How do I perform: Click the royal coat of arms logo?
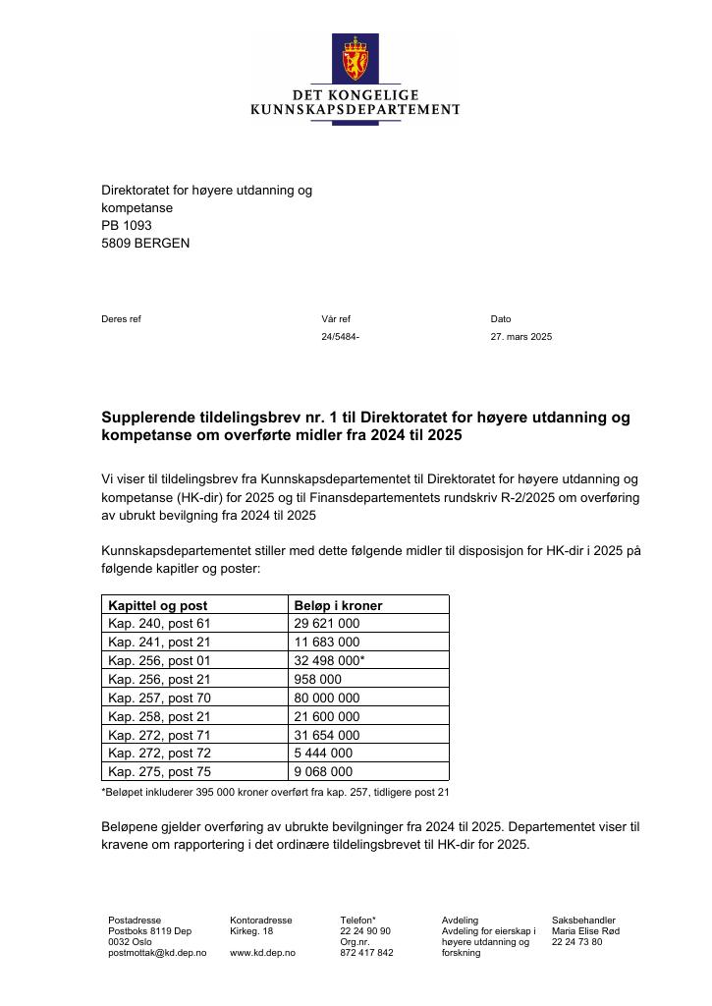pos(355,58)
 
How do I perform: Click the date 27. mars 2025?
pos(521,337)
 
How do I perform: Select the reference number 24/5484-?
pos(340,337)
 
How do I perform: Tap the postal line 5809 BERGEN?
pos(145,244)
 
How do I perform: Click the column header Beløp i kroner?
pos(338,605)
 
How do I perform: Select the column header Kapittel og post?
pos(157,605)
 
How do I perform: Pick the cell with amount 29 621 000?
pos(327,623)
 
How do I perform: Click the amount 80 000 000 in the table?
pos(327,698)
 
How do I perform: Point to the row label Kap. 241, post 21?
pos(159,642)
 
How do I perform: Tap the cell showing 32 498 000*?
pos(329,660)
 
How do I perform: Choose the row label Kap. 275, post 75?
pos(159,772)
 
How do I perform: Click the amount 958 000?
pos(318,679)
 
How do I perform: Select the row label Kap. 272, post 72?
pos(159,754)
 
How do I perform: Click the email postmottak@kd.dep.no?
pos(157,953)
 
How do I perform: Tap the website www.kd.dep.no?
pos(262,953)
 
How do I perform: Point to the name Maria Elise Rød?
pos(585,931)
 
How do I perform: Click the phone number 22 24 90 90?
pos(365,931)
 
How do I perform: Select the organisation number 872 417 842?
pos(366,953)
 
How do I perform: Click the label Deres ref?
pos(121,319)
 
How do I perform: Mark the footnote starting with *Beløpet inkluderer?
pos(275,792)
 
